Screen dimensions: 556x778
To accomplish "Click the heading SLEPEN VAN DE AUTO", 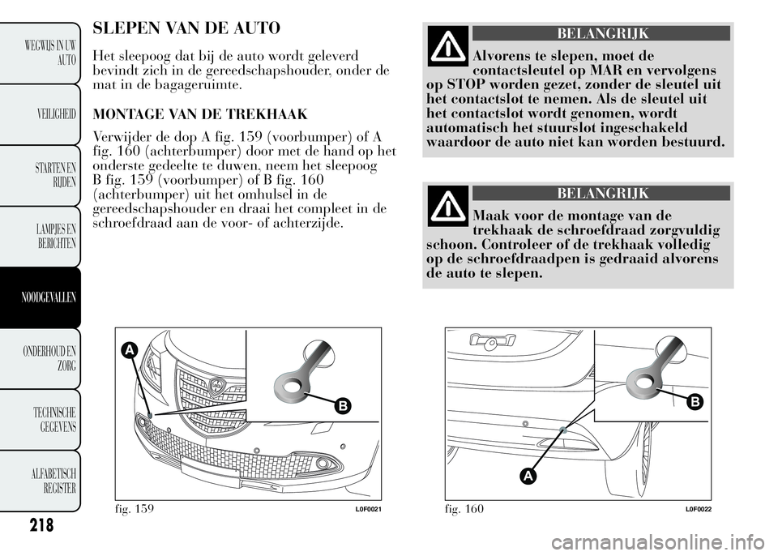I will click(187, 28).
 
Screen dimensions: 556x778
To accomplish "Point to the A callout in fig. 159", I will click(129, 350).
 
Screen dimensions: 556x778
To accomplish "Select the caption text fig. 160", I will click(464, 508).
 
